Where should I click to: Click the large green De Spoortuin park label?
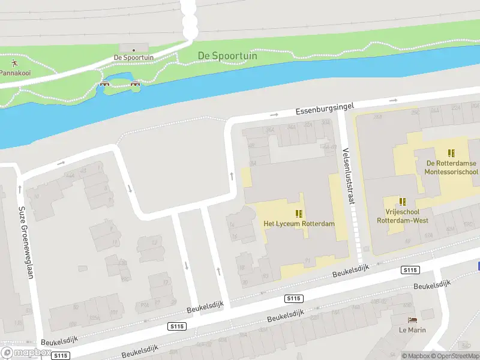point(227,56)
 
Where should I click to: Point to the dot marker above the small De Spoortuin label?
point(134,50)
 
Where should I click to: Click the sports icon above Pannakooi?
point(13,62)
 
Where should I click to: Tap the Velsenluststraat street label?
point(346,176)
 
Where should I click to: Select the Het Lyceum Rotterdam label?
point(299,224)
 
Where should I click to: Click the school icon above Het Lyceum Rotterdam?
point(299,214)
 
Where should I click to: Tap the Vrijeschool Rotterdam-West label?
point(403,216)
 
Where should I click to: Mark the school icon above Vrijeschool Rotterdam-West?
point(403,202)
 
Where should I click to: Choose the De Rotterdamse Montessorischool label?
point(451,167)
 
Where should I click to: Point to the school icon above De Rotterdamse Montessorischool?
point(451,153)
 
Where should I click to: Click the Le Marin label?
point(412,330)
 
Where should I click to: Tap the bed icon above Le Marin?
point(412,320)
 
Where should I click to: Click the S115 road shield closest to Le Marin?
point(410,271)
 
